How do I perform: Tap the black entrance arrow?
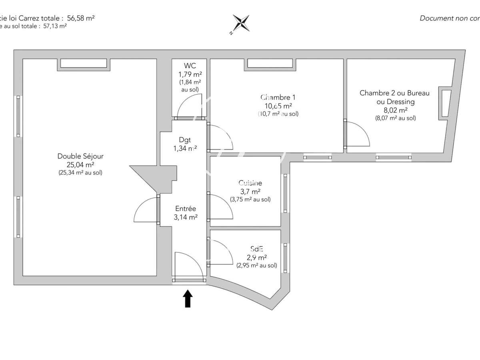[x=188, y=298]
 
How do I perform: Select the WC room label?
[x=190, y=66]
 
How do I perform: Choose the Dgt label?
[x=185, y=140]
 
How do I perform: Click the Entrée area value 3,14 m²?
[x=185, y=217]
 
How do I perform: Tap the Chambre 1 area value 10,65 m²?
[x=276, y=106]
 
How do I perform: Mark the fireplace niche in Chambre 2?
[x=445, y=103]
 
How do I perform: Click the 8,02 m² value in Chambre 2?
[x=394, y=110]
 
